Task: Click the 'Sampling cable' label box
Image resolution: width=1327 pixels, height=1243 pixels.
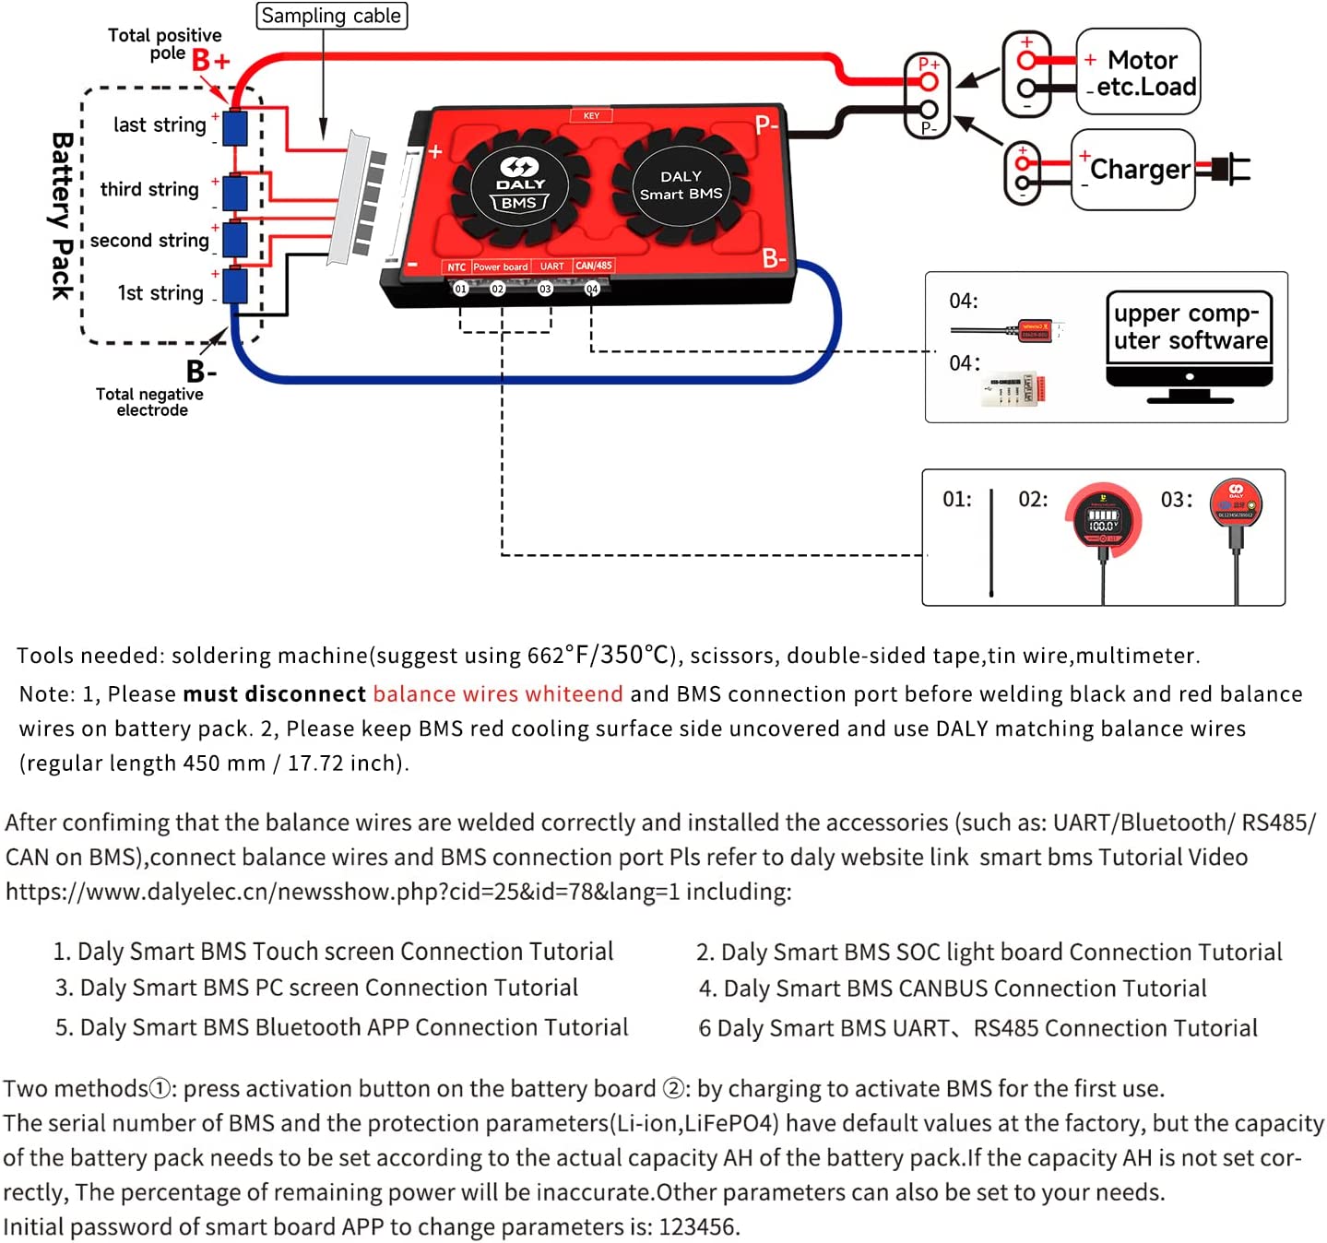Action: (331, 16)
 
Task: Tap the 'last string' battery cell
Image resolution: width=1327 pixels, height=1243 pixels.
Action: (235, 128)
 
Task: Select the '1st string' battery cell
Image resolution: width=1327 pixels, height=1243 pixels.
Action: (235, 286)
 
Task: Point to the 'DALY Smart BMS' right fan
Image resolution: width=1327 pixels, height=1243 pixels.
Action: (681, 186)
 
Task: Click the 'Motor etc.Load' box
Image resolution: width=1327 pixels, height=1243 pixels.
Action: (1139, 72)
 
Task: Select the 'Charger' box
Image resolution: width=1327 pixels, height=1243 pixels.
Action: (1133, 170)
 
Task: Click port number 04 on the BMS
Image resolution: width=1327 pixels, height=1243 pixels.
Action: (592, 289)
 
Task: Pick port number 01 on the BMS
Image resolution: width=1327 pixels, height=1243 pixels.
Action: (460, 289)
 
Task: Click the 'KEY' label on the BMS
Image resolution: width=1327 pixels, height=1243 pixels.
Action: (591, 116)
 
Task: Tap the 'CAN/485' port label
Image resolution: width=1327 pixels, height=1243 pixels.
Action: (594, 266)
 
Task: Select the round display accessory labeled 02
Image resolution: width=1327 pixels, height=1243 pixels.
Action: (1103, 520)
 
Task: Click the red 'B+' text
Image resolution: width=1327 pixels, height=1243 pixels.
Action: (210, 61)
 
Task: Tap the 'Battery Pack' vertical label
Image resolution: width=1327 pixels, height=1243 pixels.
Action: (62, 216)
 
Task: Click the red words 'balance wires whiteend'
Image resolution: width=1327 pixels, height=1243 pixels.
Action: (498, 694)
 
